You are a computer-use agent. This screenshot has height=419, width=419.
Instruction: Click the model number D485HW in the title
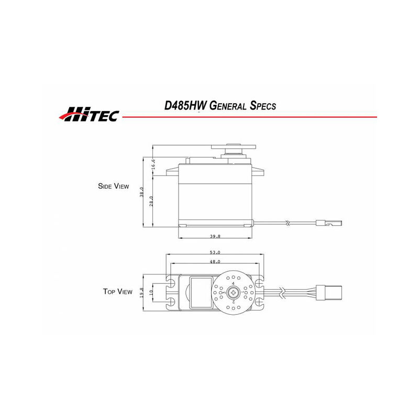tap(185, 105)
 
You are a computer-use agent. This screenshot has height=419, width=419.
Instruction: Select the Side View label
tap(113, 186)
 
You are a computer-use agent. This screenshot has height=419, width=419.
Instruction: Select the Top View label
tap(117, 291)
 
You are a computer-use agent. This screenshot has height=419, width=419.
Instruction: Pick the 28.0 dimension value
tap(151, 201)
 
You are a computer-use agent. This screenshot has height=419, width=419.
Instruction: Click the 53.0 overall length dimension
tap(215, 252)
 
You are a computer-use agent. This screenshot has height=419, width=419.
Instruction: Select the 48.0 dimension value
tap(215, 261)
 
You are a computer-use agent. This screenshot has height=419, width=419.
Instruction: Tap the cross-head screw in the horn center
tap(234, 292)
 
